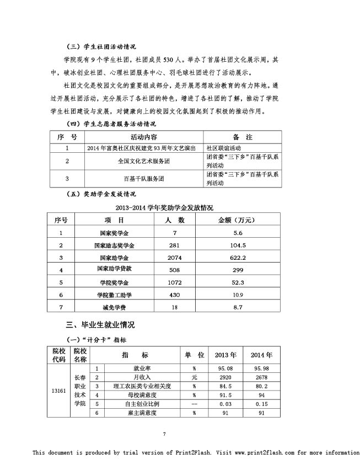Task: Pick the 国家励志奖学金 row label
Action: point(117,245)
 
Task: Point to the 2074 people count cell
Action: point(174,257)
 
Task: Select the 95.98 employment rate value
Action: point(261,368)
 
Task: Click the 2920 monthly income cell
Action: point(224,377)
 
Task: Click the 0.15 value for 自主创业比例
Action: point(261,404)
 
